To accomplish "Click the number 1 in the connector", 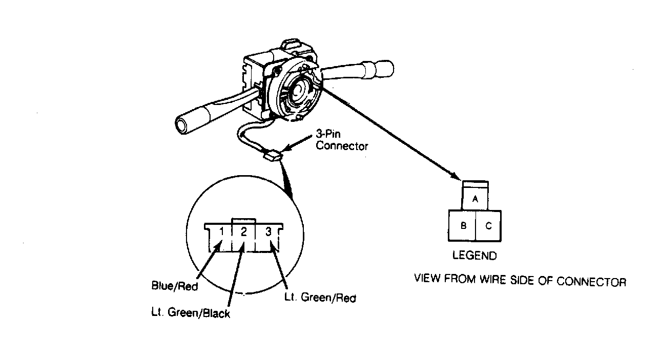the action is pos(221,232).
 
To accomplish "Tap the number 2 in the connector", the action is pos(243,232).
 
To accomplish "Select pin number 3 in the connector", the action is pos(268,232).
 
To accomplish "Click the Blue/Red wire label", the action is pos(174,285).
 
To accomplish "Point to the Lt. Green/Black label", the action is pos(191,312).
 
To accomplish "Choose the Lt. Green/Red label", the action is pos(320,297).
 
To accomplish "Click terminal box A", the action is pos(475,199).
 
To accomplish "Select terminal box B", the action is pos(462,225).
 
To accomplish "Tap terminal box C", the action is pos(488,225).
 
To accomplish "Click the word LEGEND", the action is pos(474,256).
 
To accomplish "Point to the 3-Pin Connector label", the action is pos(342,140).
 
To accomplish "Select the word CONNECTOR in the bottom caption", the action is pos(591,282).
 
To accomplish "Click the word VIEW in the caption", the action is pos(427,279).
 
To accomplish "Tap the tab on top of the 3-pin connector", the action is pos(244,221).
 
